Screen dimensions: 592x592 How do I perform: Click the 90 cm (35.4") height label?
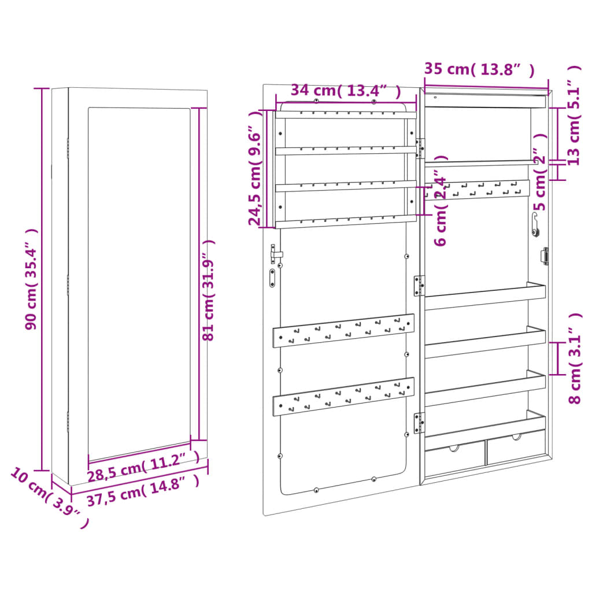pyautogui.click(x=31, y=279)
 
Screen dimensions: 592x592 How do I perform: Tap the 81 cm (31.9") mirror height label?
pyautogui.click(x=208, y=290)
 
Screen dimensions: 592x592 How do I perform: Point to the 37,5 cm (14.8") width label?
pyautogui.click(x=143, y=490)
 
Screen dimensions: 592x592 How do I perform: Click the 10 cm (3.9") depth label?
pyautogui.click(x=49, y=498)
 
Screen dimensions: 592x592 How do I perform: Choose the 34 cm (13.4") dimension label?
pyautogui.click(x=346, y=91)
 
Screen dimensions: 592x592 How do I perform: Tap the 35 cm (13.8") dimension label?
pyautogui.click(x=479, y=69)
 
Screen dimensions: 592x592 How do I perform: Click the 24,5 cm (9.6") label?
pyautogui.click(x=255, y=168)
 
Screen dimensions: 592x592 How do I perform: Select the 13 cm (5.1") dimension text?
pyautogui.click(x=573, y=115)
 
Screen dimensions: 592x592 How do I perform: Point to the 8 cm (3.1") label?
pyautogui.click(x=575, y=358)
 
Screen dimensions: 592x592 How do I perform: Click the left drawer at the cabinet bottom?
pyautogui.click(x=455, y=458)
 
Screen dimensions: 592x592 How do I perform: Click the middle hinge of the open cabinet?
pyautogui.click(x=419, y=286)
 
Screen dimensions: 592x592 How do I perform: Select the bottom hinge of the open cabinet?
pyautogui.click(x=419, y=423)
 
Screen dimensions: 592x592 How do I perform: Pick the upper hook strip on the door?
pyautogui.click(x=343, y=330)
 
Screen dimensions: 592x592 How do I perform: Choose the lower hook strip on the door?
pyautogui.click(x=343, y=397)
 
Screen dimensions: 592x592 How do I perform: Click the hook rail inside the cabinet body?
pyautogui.click(x=477, y=190)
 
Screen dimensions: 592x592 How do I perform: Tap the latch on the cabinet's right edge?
pyautogui.click(x=545, y=256)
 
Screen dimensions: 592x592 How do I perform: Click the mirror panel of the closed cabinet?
pyautogui.click(x=139, y=284)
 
